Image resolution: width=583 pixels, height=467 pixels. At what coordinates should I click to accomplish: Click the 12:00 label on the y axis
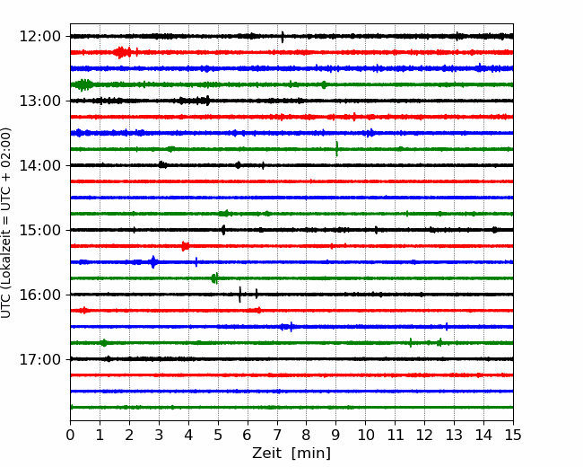point(39,37)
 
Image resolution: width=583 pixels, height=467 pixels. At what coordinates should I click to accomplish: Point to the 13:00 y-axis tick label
point(39,101)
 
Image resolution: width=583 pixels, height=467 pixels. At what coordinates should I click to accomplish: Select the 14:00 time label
point(39,165)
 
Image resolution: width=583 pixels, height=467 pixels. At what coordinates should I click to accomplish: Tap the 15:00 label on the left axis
point(39,230)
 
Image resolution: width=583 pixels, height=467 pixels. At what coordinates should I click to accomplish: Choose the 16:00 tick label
point(39,295)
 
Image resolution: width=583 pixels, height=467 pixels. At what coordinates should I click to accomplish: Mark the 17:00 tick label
point(39,359)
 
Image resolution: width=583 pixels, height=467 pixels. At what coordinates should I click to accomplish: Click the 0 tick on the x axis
point(70,435)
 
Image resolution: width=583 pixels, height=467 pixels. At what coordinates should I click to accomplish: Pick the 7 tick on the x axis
point(277,435)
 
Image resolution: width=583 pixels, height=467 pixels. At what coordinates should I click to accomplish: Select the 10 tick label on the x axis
point(365,435)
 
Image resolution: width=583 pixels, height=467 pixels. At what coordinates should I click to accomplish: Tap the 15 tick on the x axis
point(513,435)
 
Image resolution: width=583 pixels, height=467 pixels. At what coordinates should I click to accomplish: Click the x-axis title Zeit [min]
point(291,454)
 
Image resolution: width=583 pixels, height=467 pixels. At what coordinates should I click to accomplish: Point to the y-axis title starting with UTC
point(6,223)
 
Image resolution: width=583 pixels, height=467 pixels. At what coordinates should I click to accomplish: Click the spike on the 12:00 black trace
point(283,37)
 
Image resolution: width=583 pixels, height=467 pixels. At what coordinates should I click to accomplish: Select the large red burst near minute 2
point(122,52)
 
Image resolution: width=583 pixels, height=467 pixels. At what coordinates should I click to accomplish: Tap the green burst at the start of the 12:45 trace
point(83,85)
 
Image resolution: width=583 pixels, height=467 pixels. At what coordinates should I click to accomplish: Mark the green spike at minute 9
point(337,149)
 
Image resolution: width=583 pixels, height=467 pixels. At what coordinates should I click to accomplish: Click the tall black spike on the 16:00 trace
point(239,295)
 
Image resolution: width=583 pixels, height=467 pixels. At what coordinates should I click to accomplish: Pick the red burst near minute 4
point(185,246)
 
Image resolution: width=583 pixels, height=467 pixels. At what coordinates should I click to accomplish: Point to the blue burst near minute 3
point(153,262)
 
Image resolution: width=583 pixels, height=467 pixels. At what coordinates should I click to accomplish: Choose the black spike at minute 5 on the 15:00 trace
point(223,230)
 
